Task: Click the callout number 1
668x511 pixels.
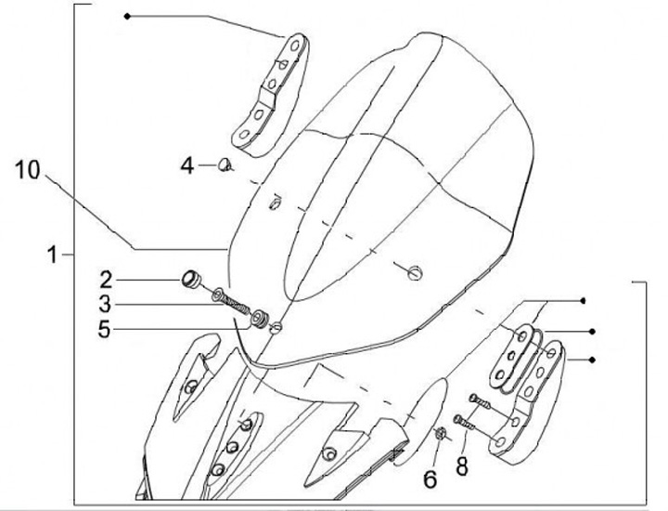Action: (x=55, y=254)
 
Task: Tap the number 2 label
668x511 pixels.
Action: (x=107, y=278)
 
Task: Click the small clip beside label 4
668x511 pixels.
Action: (x=224, y=165)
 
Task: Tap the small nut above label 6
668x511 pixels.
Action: (x=442, y=432)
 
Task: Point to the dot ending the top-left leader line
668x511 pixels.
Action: (x=127, y=16)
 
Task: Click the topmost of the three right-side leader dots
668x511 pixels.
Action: (x=583, y=301)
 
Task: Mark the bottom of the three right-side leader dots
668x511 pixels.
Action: (x=592, y=359)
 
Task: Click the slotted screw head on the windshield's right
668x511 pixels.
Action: (x=415, y=271)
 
